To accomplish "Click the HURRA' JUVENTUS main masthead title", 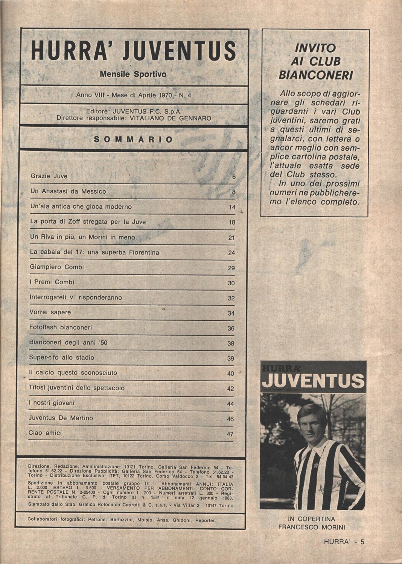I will point(134,52).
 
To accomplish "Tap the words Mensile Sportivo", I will point(133,74).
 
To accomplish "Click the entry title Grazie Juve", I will point(49,176).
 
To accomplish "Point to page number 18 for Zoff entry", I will point(231,223).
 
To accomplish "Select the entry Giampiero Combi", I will point(56,267).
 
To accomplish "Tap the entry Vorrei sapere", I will point(50,312).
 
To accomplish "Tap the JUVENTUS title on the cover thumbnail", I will point(313,381).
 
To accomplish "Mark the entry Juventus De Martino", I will point(61,418).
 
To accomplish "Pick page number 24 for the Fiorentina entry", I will point(231,253).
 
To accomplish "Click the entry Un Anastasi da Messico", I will point(68,191).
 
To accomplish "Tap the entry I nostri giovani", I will point(52,403).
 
